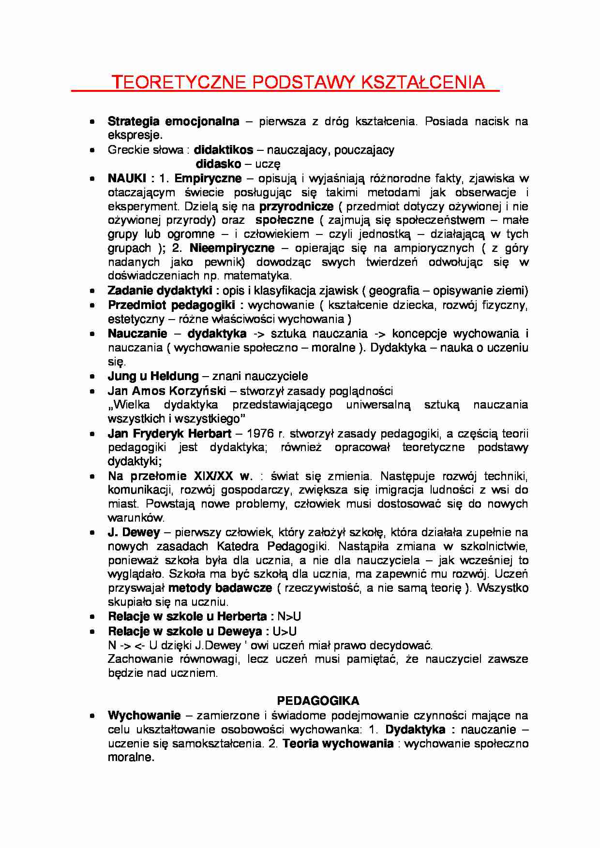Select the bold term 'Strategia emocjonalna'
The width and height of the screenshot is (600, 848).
173,121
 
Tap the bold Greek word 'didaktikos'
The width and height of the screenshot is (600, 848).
224,150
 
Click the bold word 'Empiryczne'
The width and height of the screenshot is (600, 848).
208,178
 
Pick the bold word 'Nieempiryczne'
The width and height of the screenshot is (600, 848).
232,249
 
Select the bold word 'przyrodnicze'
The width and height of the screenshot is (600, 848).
296,206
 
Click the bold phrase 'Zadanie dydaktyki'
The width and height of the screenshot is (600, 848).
160,291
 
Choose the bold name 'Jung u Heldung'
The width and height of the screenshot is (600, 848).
153,376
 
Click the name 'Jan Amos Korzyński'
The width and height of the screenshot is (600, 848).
166,391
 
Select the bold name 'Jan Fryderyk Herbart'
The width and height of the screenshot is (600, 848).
170,434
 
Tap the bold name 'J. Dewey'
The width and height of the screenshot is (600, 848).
134,533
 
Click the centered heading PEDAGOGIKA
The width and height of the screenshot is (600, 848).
318,701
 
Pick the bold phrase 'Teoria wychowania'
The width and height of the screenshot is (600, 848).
338,744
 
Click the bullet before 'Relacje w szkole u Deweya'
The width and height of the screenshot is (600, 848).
92,631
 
